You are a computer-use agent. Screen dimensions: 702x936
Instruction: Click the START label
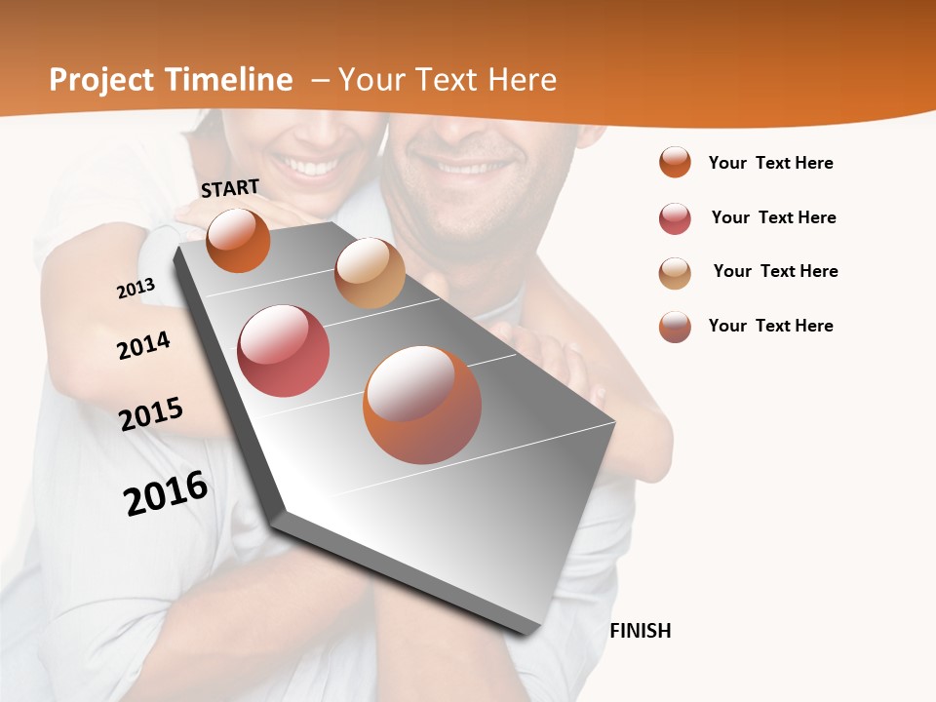(230, 188)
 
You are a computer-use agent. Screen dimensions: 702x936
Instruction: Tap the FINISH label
(641, 631)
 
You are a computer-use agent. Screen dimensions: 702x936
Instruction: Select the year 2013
(136, 289)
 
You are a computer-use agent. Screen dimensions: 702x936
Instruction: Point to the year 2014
(143, 345)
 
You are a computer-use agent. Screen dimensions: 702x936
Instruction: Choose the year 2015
(151, 414)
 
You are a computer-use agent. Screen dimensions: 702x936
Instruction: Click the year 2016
(166, 493)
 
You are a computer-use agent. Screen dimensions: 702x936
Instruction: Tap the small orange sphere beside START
(238, 240)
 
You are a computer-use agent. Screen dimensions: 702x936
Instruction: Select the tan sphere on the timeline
(370, 273)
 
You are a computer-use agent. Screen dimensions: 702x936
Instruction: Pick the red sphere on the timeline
(283, 351)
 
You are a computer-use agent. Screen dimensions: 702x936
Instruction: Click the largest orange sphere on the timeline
(422, 405)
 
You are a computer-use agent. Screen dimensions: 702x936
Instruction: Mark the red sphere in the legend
(675, 218)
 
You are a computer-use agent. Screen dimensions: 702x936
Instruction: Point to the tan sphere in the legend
(675, 273)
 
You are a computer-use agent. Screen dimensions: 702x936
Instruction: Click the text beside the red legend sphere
(773, 217)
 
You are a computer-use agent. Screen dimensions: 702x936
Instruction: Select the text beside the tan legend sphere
(775, 271)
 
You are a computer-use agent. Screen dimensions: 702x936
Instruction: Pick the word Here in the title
(521, 80)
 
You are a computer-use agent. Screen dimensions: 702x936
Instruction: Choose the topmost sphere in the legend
(675, 162)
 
